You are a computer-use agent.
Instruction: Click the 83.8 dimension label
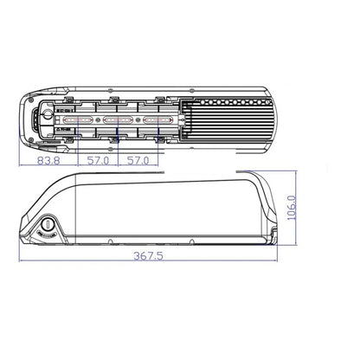click(x=48, y=160)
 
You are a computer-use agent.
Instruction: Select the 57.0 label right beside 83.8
click(x=98, y=160)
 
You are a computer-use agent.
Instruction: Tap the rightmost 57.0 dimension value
click(x=138, y=160)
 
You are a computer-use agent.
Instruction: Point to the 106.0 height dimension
click(x=292, y=208)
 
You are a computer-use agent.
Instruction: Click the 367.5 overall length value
click(x=148, y=256)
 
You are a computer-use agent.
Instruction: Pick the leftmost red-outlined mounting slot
click(x=78, y=119)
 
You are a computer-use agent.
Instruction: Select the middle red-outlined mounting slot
click(x=118, y=119)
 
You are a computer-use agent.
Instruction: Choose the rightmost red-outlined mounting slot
click(x=158, y=119)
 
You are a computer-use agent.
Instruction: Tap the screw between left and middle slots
click(x=98, y=119)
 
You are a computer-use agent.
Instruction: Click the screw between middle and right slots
click(x=138, y=119)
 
